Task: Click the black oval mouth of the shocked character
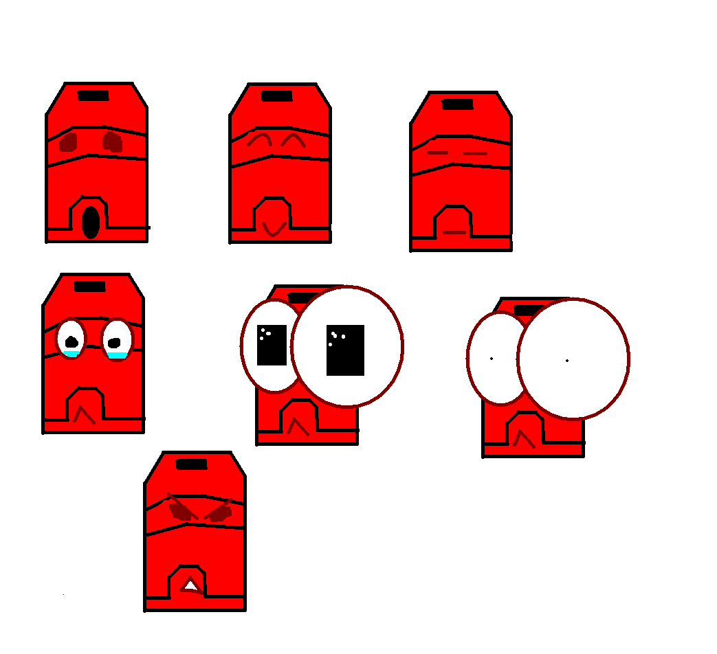91,223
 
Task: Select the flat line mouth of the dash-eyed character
455,232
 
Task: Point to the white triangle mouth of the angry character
190,586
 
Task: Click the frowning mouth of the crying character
85,414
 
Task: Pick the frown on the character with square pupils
298,427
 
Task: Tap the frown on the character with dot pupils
525,438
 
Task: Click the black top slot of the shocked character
93,95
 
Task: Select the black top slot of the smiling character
277,96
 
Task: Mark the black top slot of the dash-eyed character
458,104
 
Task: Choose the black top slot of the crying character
90,286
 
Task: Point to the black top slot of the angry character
191,464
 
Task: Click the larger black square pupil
345,350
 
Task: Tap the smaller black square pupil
272,345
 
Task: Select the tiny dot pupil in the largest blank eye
567,360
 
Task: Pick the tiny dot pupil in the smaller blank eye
492,359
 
